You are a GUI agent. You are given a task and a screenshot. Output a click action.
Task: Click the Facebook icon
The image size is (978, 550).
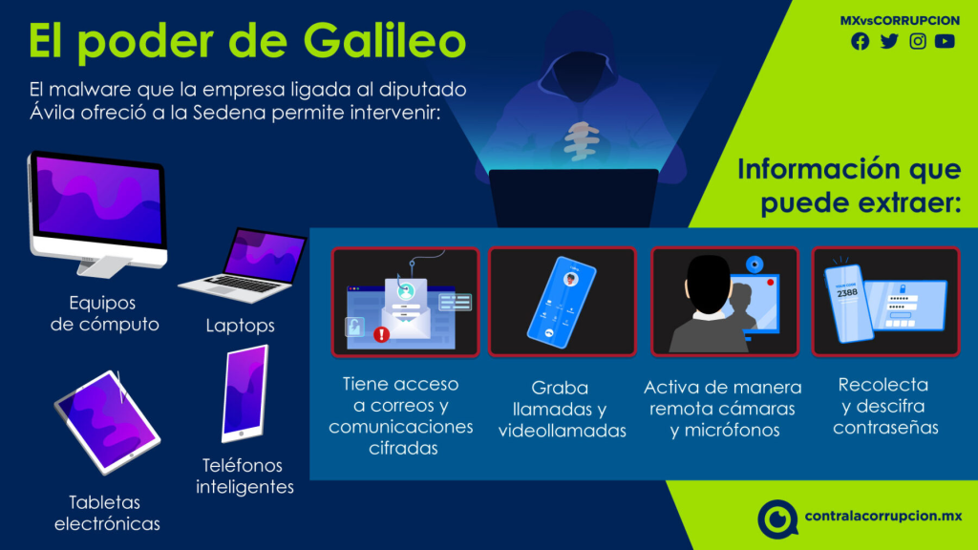click(861, 41)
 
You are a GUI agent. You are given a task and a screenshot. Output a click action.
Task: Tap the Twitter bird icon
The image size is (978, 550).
click(889, 41)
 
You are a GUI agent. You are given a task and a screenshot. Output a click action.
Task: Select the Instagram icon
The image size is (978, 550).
click(918, 41)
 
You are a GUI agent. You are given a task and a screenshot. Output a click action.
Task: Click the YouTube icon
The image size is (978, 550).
click(945, 41)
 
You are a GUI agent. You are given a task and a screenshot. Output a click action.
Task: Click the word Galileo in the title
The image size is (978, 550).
click(385, 41)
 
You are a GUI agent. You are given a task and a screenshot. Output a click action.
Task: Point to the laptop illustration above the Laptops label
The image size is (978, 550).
click(244, 265)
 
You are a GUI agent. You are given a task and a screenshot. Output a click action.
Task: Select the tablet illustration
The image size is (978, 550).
click(107, 422)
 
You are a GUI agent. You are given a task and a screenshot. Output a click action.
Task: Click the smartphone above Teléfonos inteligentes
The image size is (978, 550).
click(245, 393)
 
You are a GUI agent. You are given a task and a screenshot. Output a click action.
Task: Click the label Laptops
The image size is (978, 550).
click(240, 326)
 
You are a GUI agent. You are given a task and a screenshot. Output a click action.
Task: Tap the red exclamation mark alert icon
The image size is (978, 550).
click(381, 335)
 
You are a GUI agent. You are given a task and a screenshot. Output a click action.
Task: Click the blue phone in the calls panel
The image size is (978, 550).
click(562, 302)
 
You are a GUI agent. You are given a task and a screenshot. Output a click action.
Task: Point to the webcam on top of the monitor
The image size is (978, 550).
click(755, 264)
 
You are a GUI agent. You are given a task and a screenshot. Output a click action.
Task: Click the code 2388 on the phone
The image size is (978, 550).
click(847, 293)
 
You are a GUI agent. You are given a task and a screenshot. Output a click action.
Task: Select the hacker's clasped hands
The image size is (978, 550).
click(581, 141)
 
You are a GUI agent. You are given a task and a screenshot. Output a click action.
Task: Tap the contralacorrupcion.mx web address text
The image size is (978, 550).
click(883, 517)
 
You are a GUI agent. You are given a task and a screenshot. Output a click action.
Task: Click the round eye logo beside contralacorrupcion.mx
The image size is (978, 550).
click(777, 518)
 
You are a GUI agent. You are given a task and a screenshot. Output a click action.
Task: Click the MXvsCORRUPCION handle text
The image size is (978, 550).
click(900, 21)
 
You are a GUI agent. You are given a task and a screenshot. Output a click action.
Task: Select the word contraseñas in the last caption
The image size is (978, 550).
click(885, 428)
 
